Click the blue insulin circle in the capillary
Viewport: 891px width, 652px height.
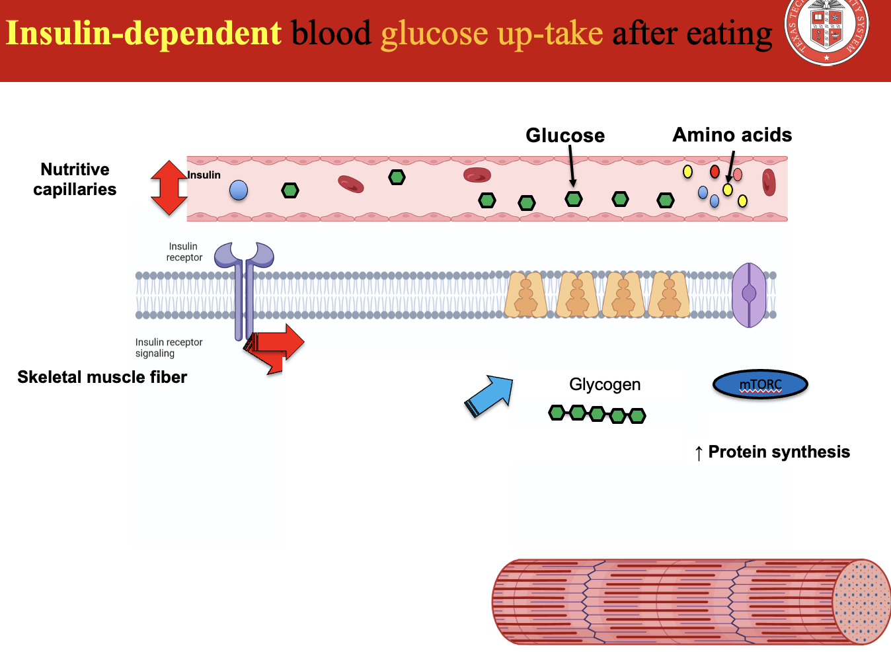(x=239, y=190)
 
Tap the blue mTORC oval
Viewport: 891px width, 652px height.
(x=760, y=384)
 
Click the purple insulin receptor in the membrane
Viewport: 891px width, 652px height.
(x=244, y=284)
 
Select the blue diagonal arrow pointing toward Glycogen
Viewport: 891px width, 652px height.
(x=490, y=395)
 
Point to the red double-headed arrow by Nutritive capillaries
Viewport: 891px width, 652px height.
(x=169, y=188)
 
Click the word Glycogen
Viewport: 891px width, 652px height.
(x=605, y=384)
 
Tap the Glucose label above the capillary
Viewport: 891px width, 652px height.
(x=565, y=136)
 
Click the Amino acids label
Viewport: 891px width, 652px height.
(x=732, y=135)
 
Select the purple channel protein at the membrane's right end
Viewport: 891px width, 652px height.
(x=749, y=295)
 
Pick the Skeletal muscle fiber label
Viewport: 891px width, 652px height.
(x=102, y=377)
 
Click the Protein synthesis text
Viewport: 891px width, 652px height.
(x=779, y=452)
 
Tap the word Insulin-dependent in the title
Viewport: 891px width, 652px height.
(x=144, y=33)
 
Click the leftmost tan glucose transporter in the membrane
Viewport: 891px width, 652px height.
(x=526, y=295)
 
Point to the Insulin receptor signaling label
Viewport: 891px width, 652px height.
(x=169, y=348)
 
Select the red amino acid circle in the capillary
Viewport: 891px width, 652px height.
(x=715, y=172)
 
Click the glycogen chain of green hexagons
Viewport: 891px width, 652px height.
(x=597, y=414)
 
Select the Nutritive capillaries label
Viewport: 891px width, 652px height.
(x=75, y=179)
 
